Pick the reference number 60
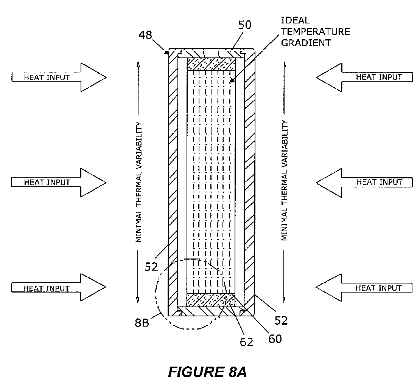(x=275, y=338)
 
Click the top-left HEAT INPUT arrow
(x=59, y=77)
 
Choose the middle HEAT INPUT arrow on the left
(x=59, y=182)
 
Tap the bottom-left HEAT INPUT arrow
(x=59, y=288)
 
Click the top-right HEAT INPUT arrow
(x=364, y=77)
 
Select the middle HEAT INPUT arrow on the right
(x=364, y=182)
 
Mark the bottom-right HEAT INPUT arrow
(x=364, y=288)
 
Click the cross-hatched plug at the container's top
(x=211, y=63)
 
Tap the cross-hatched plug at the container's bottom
(x=211, y=300)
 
